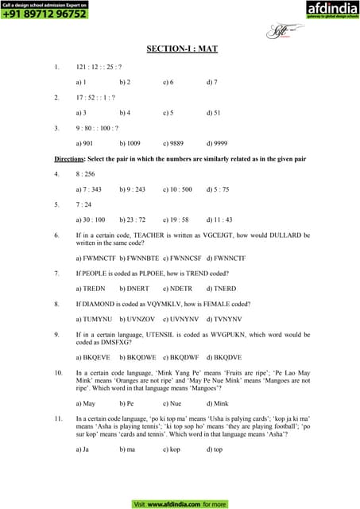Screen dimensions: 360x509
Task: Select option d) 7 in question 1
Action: [211, 82]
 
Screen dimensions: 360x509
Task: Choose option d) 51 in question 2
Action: [213, 113]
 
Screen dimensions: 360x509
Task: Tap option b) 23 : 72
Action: [133, 219]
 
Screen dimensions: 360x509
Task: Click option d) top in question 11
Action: [215, 449]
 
